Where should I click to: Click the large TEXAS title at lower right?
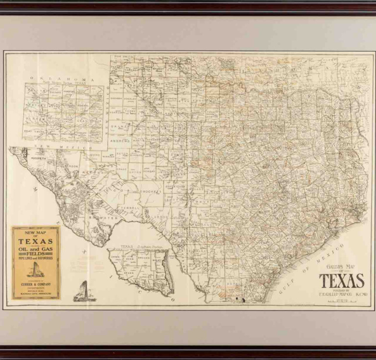tap(341, 280)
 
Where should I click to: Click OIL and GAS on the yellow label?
tap(36, 248)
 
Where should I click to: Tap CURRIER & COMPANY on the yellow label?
tap(36, 284)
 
